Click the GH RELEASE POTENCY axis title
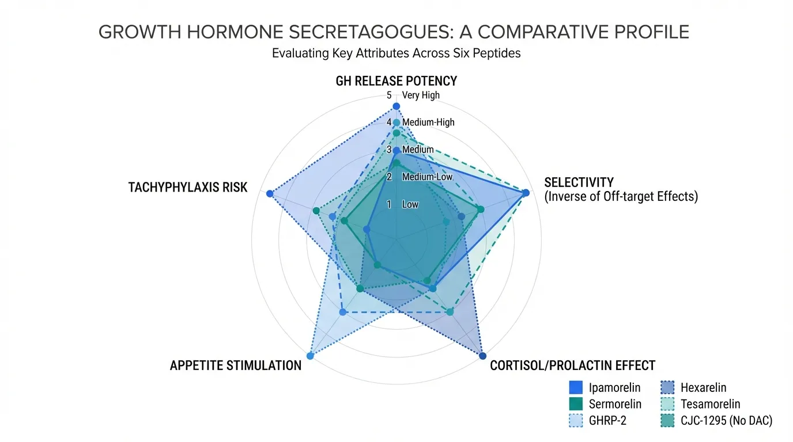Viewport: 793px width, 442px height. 396,81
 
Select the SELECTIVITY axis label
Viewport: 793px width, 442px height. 579,183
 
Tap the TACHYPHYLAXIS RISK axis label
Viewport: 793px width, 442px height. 188,187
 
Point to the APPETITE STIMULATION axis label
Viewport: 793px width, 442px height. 235,365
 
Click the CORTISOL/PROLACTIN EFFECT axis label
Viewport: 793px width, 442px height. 572,365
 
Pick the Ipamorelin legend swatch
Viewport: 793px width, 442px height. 576,388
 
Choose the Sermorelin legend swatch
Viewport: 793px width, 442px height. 576,405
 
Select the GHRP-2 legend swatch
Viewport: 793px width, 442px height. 576,421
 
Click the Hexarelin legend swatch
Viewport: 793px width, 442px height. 668,388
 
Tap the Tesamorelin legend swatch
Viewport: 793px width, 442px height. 668,405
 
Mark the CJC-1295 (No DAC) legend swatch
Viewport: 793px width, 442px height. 668,421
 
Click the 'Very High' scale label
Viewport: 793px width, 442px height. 421,96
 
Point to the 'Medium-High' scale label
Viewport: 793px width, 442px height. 428,122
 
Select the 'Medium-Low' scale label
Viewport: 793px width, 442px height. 427,177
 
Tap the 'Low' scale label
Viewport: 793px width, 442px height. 410,204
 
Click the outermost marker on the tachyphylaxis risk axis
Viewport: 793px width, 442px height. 269,193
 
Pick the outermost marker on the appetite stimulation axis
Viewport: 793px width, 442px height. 310,356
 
